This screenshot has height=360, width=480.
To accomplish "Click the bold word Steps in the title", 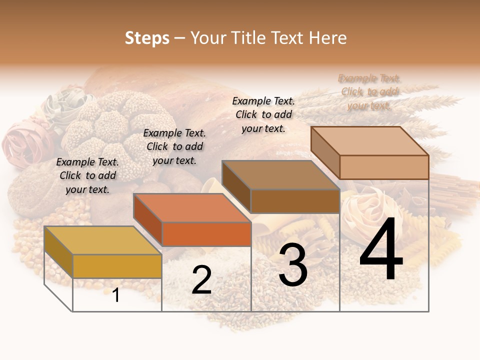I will (x=147, y=38).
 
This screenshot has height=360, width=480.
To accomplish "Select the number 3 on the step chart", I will (x=293, y=265).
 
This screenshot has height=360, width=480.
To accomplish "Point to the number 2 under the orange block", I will (x=201, y=280).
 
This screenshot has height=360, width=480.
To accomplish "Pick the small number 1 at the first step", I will (x=116, y=295).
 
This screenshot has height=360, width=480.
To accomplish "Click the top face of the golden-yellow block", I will (x=102, y=240).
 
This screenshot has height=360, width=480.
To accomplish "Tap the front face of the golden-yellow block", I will (x=117, y=266).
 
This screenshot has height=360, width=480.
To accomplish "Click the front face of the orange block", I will (x=206, y=234).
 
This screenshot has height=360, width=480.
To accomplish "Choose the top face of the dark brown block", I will (x=280, y=175).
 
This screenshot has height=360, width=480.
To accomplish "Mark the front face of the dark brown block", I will (x=295, y=201).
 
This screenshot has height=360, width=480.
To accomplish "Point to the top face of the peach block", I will (x=369, y=140).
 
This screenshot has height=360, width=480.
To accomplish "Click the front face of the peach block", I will (x=384, y=167).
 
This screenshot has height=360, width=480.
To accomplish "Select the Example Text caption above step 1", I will (x=87, y=175).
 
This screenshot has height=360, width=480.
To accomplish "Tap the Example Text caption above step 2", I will (x=174, y=146).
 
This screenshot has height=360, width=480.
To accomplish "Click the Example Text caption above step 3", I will (x=263, y=114).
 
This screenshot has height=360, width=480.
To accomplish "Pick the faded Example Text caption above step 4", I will (x=369, y=91).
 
